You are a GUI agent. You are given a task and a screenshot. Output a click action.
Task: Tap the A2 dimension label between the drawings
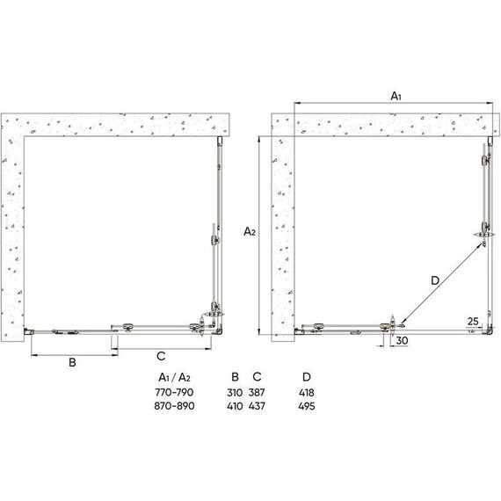tap(250, 231)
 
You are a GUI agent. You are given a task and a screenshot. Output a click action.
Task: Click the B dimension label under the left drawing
tap(75, 361)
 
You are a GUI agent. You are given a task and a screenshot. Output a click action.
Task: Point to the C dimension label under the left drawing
tap(162, 356)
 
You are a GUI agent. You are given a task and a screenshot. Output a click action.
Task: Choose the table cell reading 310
tap(235, 393)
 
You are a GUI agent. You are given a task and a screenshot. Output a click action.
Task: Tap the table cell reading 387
tap(258, 393)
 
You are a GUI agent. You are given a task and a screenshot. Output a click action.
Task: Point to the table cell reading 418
tap(306, 393)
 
